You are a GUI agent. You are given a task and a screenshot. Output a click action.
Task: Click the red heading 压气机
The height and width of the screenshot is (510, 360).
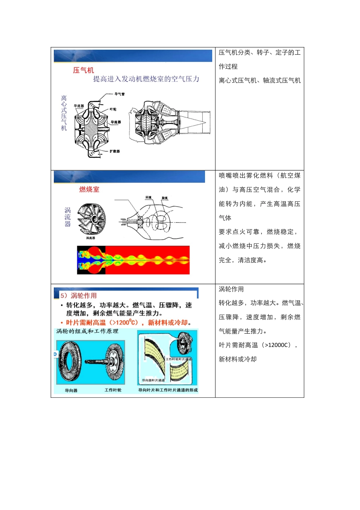tap(83, 70)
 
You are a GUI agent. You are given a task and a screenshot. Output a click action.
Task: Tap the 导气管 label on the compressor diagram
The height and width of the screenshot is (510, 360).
tap(119, 94)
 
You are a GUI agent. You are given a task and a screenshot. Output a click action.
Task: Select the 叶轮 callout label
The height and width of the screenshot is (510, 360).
tap(113, 109)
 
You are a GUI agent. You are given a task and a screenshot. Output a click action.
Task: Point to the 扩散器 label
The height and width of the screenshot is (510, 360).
tap(115, 151)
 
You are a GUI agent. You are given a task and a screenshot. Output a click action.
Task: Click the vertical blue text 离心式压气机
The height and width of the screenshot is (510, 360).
tap(64, 113)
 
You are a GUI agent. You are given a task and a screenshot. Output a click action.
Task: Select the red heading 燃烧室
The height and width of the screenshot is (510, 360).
tap(89, 190)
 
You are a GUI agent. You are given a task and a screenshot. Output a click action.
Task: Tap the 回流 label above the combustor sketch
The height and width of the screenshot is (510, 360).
tap(149, 198)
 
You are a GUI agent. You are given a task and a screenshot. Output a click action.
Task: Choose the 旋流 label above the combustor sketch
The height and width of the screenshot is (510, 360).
tap(164, 198)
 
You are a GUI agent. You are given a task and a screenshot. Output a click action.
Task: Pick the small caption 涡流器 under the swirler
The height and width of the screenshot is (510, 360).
tap(91, 238)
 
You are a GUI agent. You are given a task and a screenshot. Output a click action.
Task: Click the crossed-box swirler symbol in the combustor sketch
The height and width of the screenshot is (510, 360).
tap(140, 222)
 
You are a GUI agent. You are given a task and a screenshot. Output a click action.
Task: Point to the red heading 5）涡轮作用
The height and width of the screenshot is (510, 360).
tap(78, 295)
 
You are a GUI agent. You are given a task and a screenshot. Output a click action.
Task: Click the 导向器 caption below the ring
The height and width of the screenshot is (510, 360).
tap(71, 391)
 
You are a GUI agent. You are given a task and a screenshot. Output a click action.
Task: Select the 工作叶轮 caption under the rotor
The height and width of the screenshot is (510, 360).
tap(113, 390)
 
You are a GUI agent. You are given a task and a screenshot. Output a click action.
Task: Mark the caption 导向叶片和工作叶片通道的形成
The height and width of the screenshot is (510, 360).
tap(168, 390)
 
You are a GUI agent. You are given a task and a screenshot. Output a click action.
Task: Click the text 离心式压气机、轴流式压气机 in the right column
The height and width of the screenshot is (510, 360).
tap(260, 80)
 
